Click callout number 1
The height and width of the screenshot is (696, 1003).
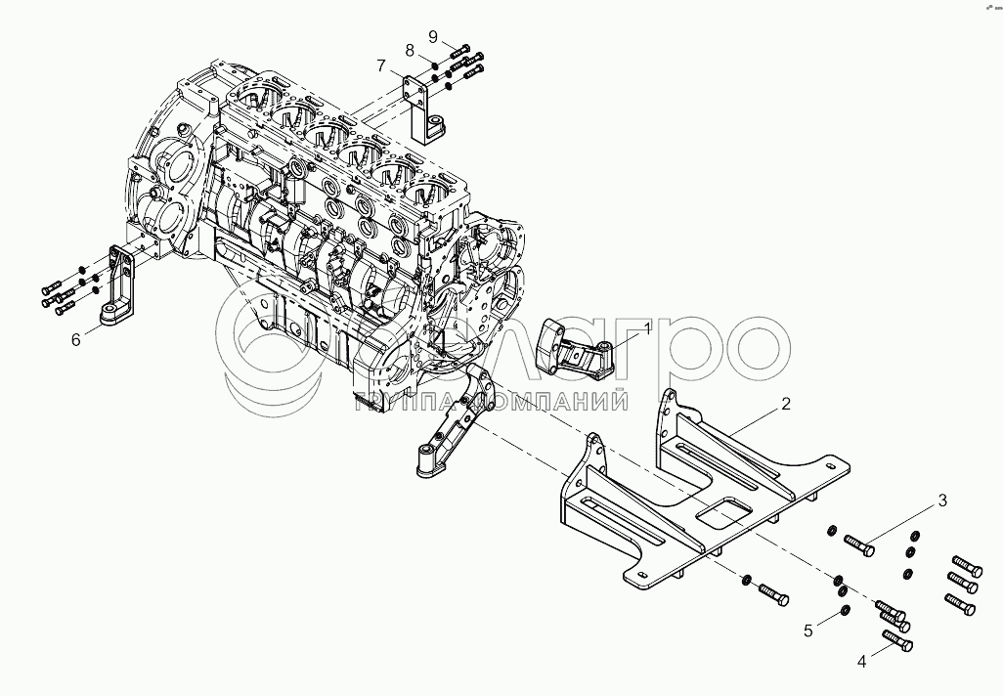click(646, 331)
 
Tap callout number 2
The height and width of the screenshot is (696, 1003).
click(786, 403)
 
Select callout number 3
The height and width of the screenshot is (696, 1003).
click(942, 501)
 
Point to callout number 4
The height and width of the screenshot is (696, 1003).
click(861, 662)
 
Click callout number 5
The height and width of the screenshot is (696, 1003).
click(808, 631)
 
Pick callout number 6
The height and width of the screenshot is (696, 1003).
click(74, 339)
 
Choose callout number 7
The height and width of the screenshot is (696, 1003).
click(382, 65)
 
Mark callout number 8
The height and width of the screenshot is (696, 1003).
click(410, 50)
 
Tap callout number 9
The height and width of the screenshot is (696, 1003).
click(432, 36)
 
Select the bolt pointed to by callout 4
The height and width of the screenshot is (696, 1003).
click(897, 641)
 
